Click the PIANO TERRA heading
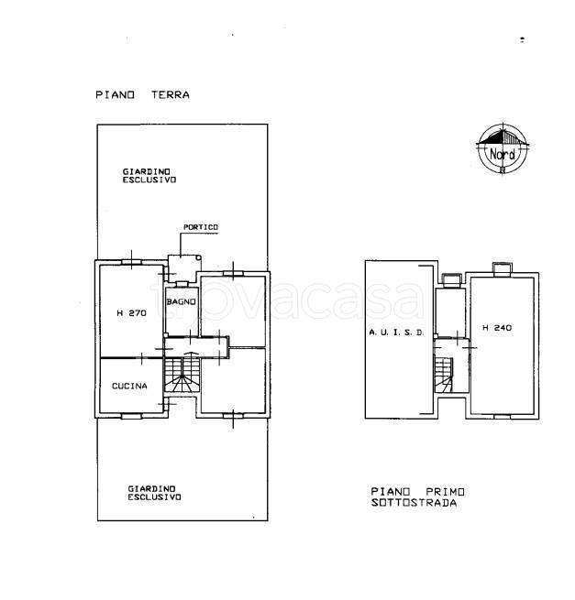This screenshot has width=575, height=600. click(142, 95)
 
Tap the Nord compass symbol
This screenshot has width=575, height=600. click(503, 149)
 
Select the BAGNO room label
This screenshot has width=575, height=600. click(182, 302)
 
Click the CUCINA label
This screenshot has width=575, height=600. click(129, 386)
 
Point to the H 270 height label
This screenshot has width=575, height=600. click(131, 313)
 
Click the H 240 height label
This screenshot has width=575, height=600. click(497, 328)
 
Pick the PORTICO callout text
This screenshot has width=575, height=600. click(201, 227)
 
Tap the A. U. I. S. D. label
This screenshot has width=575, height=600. click(396, 333)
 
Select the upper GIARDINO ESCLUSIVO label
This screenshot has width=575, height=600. click(149, 176)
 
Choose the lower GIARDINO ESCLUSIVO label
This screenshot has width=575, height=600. click(154, 493)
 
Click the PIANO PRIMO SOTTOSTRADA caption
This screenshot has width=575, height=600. click(417, 496)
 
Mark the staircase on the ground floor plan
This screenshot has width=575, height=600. click(182, 375)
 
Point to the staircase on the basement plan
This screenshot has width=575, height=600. click(443, 375)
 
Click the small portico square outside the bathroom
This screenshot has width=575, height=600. click(184, 269)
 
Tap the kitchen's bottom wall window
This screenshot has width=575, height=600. click(131, 416)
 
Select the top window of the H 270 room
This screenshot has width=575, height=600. click(131, 262)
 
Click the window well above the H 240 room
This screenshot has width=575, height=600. click(502, 269)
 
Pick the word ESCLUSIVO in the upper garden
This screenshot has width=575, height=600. click(149, 180)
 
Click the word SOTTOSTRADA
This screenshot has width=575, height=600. click(415, 502)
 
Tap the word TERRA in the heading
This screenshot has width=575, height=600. click(171, 95)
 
